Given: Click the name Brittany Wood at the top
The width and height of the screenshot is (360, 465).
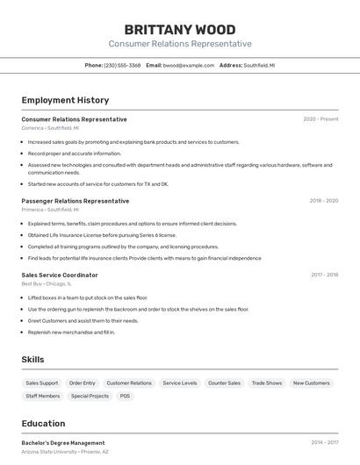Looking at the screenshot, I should [180, 29].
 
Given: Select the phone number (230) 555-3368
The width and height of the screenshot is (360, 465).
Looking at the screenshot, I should [122, 65].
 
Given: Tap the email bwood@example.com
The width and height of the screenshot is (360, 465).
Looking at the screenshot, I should [188, 65].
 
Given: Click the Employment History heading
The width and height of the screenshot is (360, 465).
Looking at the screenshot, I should [65, 100].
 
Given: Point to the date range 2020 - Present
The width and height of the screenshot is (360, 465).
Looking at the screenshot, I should [320, 119].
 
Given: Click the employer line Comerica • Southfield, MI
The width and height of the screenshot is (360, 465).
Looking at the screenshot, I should [50, 128].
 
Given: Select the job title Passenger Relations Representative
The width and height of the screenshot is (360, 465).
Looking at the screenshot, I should [75, 201].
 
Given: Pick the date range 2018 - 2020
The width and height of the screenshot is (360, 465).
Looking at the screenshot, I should [323, 201].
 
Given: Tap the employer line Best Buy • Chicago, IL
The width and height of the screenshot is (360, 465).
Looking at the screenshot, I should [47, 283].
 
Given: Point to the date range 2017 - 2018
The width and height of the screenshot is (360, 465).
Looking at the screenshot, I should [324, 275].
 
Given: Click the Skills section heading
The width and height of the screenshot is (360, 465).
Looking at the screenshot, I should [32, 360].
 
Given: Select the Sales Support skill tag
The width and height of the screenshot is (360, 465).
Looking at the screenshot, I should [42, 383].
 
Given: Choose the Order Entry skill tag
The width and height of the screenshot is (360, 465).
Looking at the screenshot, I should [83, 383].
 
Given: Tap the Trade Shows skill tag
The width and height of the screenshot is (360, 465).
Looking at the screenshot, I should [267, 383].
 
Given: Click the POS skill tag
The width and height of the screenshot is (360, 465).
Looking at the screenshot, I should [125, 397].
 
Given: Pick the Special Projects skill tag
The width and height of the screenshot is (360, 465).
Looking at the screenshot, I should [90, 397].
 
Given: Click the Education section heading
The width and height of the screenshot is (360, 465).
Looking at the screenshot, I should [43, 424].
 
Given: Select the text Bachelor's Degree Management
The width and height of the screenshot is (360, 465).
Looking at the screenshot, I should [63, 443].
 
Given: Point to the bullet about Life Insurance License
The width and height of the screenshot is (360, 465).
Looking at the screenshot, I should [102, 235].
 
